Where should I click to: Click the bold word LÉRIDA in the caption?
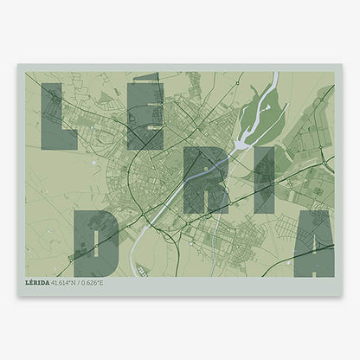(40, 282)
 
